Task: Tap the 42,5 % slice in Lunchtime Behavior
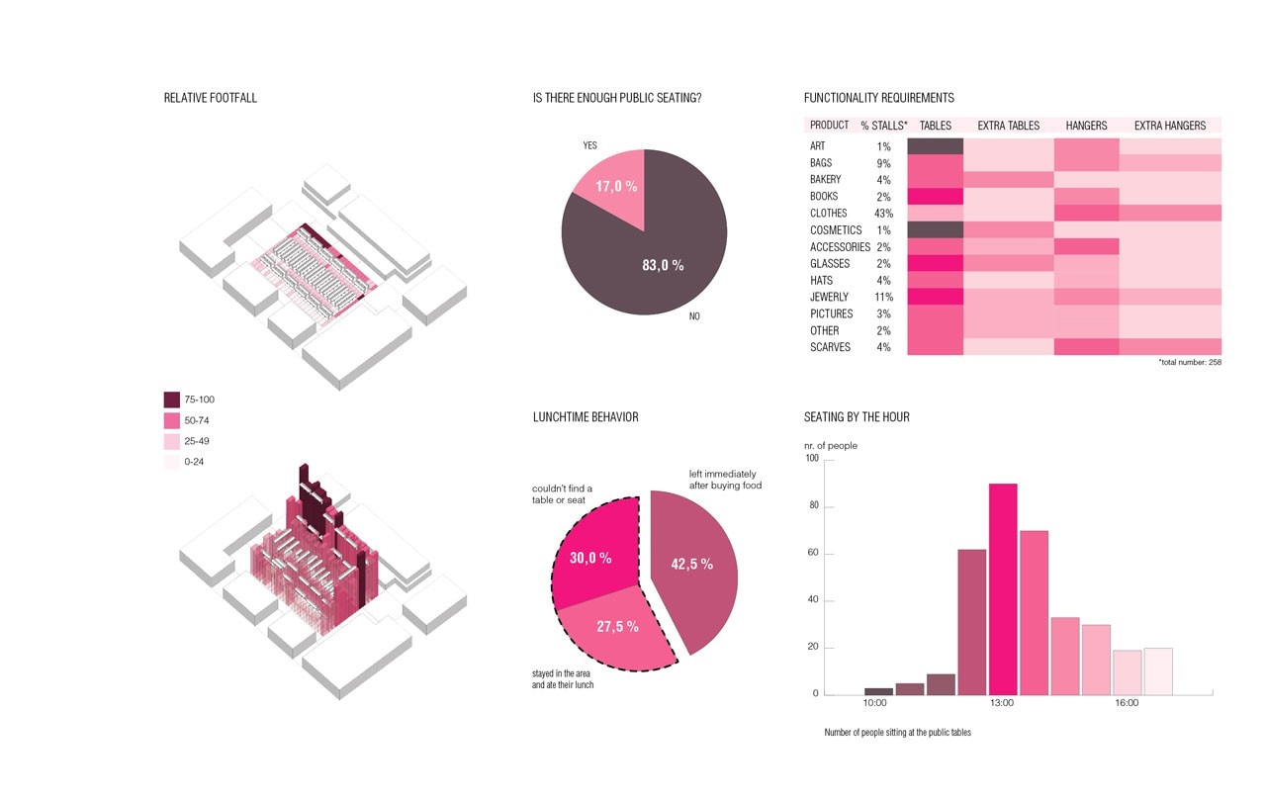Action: [x=693, y=566]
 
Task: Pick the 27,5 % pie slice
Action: [x=616, y=627]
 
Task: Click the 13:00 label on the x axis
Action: [x=1001, y=703]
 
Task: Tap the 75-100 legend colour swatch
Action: [x=172, y=400]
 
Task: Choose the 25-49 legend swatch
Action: [x=172, y=441]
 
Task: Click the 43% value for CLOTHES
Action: [x=883, y=214]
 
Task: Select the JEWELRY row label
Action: [x=829, y=297]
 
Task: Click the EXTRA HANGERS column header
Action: [x=1170, y=126]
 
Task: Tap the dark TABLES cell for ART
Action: [x=935, y=146]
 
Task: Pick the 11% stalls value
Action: [x=883, y=297]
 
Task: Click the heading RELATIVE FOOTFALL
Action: [x=211, y=98]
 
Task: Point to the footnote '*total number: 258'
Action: [x=1190, y=363]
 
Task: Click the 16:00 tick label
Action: [x=1127, y=703]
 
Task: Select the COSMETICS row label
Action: [x=836, y=230]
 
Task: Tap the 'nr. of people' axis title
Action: [x=831, y=446]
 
